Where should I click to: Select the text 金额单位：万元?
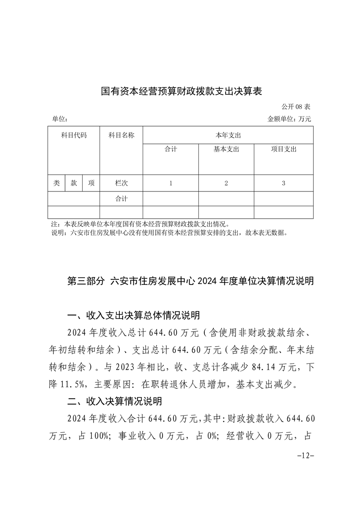click(x=290, y=119)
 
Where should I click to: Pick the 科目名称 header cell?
click(x=121, y=135)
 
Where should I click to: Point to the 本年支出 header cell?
click(x=228, y=135)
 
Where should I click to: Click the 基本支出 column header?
click(x=226, y=149)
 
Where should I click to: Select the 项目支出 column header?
click(x=283, y=149)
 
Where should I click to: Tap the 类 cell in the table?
click(x=56, y=183)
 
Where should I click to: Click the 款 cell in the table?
click(x=74, y=183)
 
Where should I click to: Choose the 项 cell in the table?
click(x=91, y=183)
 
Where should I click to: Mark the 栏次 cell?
click(x=121, y=183)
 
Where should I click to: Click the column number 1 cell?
click(x=171, y=183)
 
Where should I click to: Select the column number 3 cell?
click(x=283, y=183)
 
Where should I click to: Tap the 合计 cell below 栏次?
click(x=121, y=199)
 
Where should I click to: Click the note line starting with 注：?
click(x=141, y=224)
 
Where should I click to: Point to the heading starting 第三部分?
click(x=190, y=281)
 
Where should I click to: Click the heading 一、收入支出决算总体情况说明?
click(x=133, y=315)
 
